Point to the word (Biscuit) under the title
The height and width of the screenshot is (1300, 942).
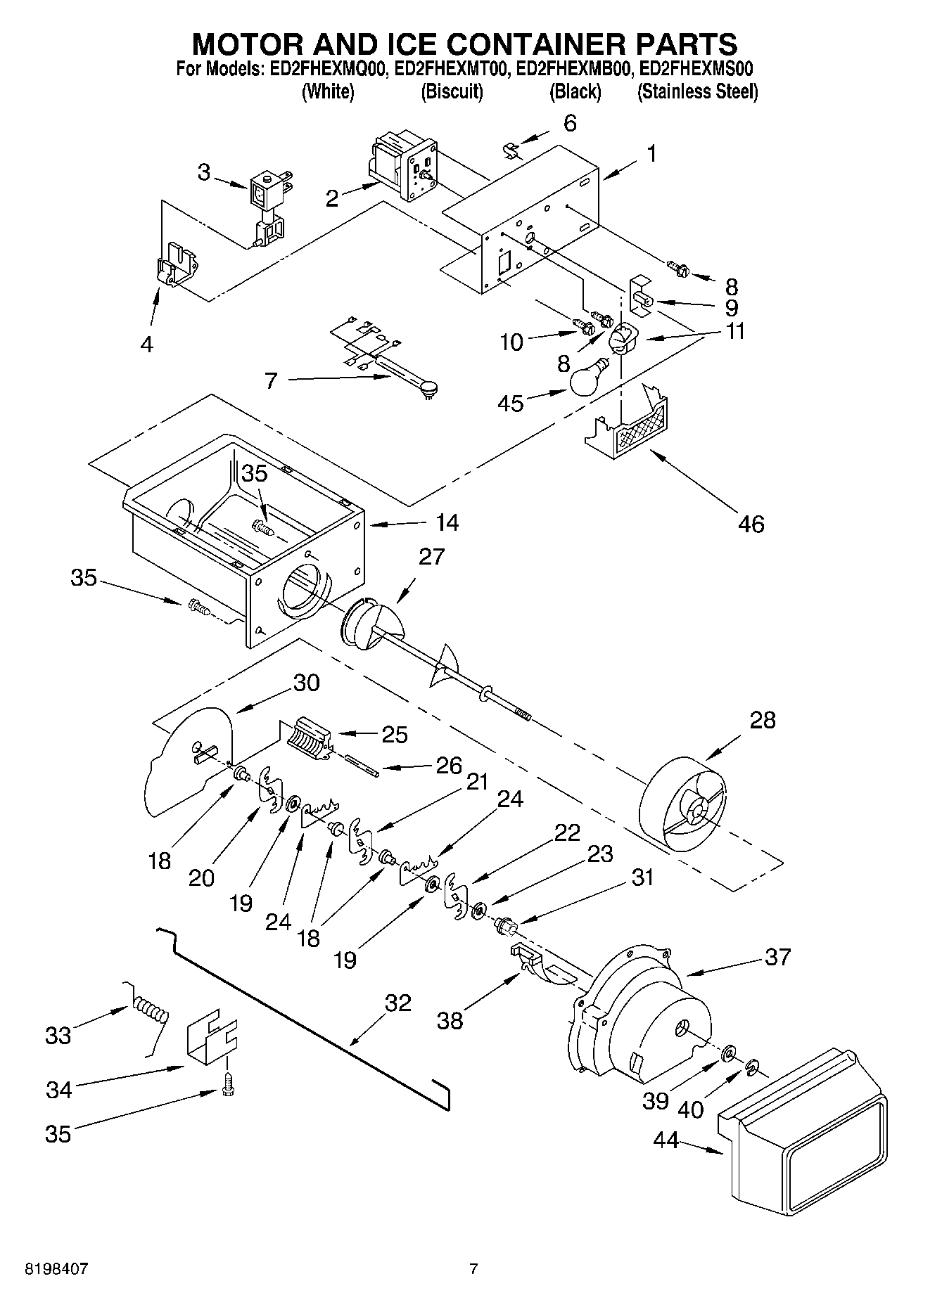click(x=452, y=91)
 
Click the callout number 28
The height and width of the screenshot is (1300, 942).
click(x=762, y=720)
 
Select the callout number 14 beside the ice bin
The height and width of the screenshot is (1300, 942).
click(x=447, y=522)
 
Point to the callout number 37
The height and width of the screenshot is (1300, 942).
click(x=777, y=957)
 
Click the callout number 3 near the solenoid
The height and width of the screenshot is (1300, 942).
click(x=203, y=172)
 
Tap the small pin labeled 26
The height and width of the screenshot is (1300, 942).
click(x=363, y=766)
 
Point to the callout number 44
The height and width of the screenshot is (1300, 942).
click(x=666, y=1140)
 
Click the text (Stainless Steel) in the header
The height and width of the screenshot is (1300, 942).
click(x=697, y=91)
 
